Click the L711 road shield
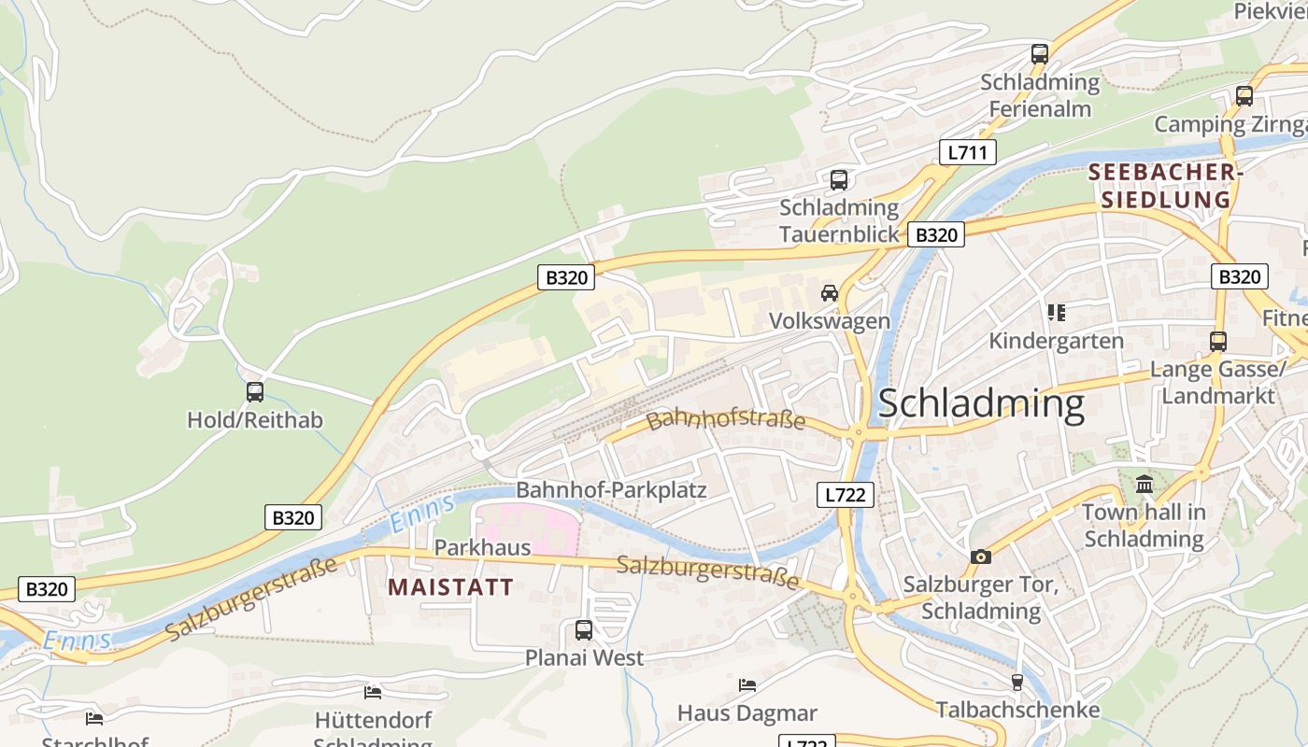click(x=967, y=152)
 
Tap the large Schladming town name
click(x=981, y=403)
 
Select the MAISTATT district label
click(x=450, y=587)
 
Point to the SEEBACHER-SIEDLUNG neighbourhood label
click(x=1164, y=186)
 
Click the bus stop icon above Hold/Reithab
click(x=255, y=392)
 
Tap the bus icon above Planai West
click(x=584, y=630)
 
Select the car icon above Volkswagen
click(x=829, y=293)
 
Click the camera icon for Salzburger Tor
click(x=980, y=557)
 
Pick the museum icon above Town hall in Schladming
click(x=1144, y=484)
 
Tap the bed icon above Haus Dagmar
click(x=746, y=685)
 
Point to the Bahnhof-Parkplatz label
click(x=611, y=490)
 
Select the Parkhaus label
click(x=482, y=547)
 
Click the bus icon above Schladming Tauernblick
click(x=839, y=179)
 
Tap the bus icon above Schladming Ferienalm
click(x=1040, y=54)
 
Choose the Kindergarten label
click(x=1056, y=341)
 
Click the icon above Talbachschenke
click(x=1017, y=683)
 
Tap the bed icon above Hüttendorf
click(x=373, y=693)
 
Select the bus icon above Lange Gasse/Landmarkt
click(x=1218, y=342)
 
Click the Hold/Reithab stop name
click(x=255, y=420)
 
